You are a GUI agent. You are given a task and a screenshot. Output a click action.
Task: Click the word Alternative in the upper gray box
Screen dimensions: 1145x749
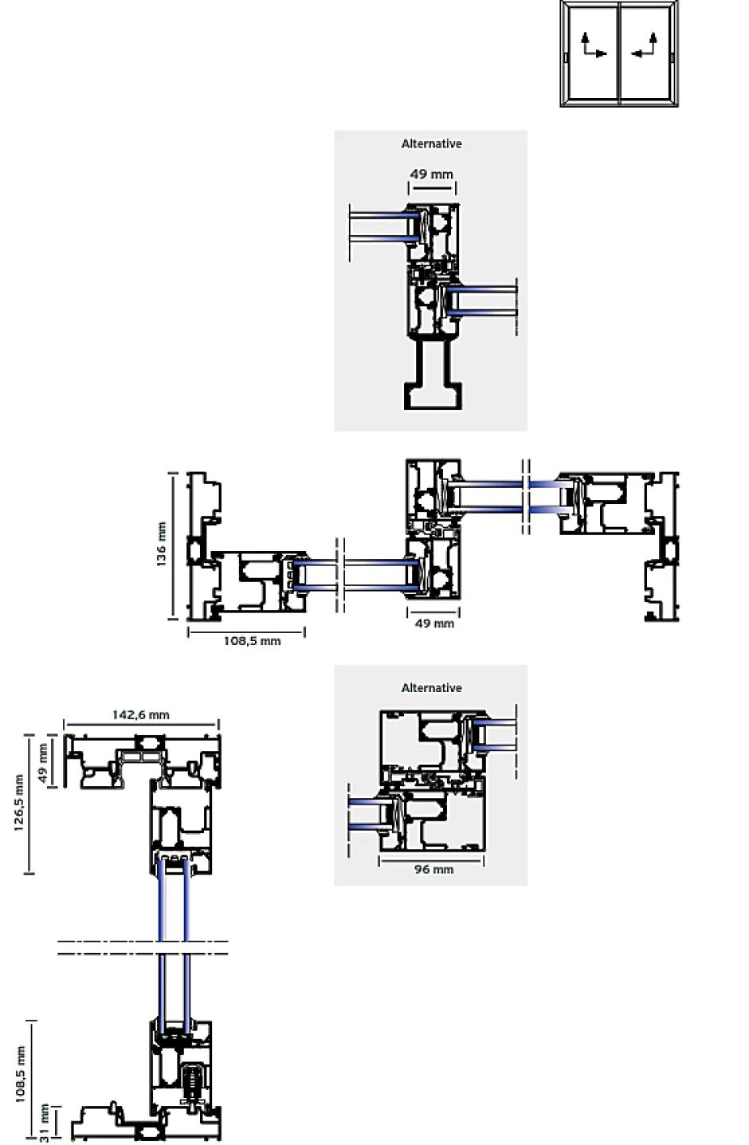coord(431,144)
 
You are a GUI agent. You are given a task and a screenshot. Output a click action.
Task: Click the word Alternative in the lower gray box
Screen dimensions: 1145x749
coord(431,687)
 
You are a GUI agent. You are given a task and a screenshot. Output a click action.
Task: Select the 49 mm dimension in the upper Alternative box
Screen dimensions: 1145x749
coord(431,174)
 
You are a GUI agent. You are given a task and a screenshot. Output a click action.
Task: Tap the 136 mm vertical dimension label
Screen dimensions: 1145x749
coord(162,544)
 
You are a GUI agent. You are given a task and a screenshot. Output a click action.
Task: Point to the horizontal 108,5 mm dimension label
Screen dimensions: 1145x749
coord(252,641)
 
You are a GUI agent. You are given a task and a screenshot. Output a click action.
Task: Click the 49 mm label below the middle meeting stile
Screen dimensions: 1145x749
coord(434,624)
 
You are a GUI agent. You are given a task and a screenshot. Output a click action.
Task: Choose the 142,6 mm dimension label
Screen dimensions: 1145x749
coord(140,714)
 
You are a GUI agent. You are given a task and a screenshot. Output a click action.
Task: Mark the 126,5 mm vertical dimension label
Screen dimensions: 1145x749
coord(19,802)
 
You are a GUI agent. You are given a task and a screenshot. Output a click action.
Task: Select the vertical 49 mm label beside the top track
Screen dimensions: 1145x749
coord(44,763)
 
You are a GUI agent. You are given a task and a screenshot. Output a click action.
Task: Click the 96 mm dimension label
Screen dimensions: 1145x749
coord(433,869)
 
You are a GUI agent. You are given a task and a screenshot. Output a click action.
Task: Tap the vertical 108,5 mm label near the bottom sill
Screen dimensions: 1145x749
coord(20,1074)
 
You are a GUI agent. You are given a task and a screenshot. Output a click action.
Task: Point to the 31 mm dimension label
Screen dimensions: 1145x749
coord(45,1123)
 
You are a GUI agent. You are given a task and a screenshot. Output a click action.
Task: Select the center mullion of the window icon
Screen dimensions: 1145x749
coord(619,53)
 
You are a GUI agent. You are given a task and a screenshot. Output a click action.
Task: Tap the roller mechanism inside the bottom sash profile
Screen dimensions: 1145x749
coord(193,1081)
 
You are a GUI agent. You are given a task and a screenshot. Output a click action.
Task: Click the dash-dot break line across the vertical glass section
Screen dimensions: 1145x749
coord(143,947)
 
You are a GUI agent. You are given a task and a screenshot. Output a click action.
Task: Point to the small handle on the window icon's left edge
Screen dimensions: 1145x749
coord(565,58)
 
